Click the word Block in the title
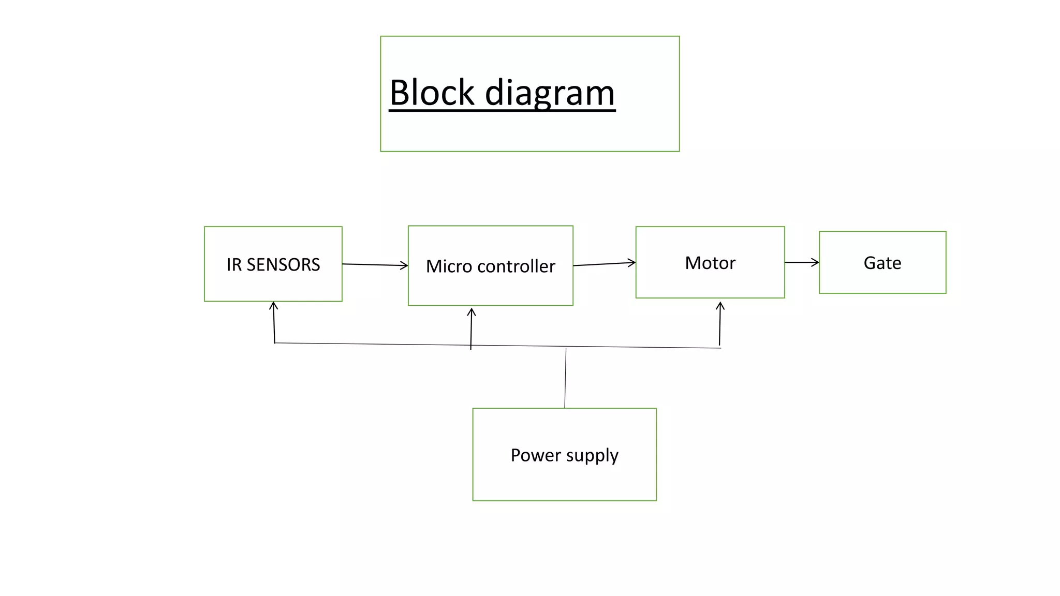point(432,93)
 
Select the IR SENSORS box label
point(273,265)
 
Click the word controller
point(516,266)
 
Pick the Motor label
point(710,263)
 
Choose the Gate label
point(882,263)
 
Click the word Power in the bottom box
point(536,455)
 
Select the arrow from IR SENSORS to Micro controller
point(375,265)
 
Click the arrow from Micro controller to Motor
point(604,264)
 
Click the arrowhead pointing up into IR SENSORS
point(274,306)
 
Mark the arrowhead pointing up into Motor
point(720,306)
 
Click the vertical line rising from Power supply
point(565,378)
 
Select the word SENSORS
point(283,265)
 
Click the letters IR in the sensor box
point(233,265)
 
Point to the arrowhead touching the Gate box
point(816,262)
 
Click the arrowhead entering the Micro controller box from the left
point(404,265)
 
